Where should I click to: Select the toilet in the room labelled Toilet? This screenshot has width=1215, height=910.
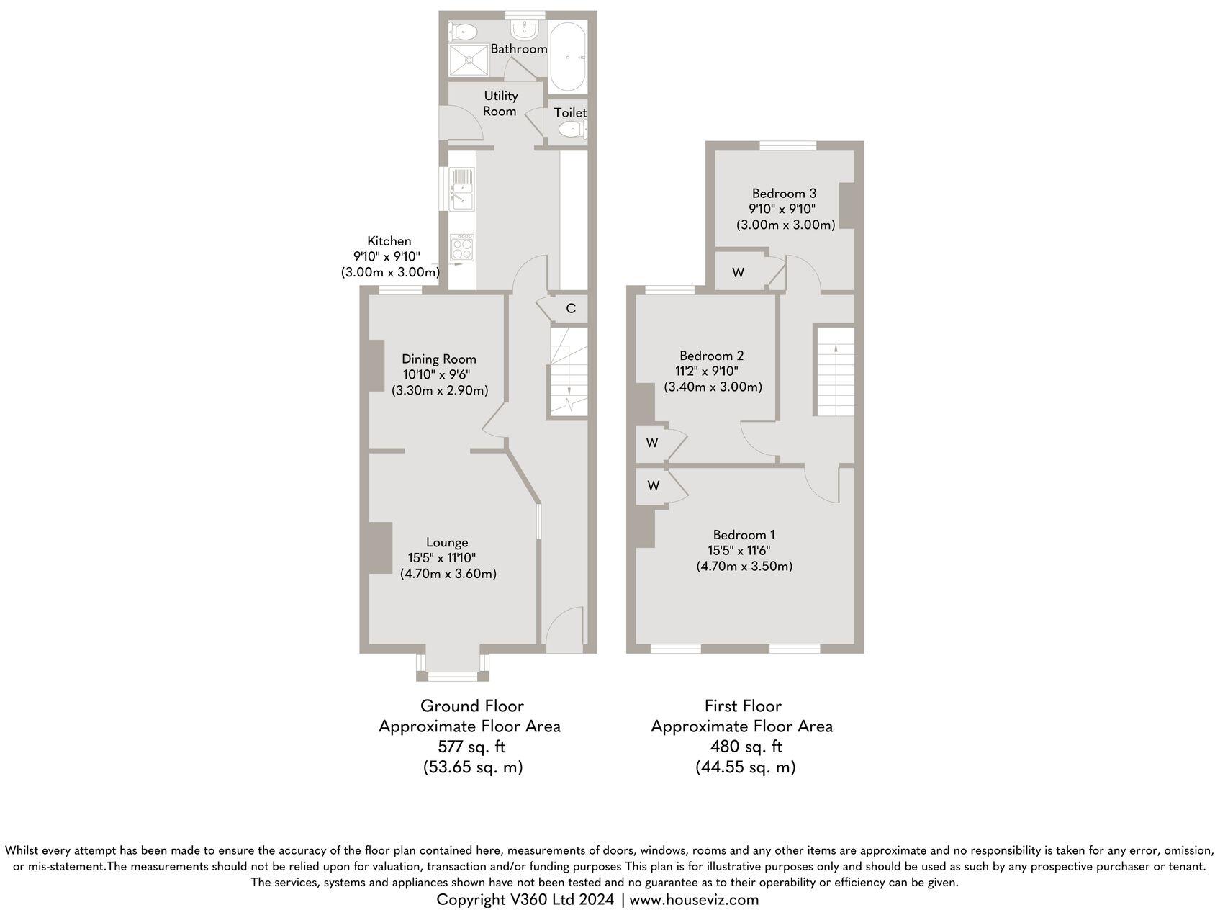[x=570, y=130]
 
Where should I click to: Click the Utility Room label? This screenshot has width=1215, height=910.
[x=500, y=103]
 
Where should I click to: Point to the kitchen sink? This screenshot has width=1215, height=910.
[x=461, y=188]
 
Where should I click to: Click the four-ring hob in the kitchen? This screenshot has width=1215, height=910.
[x=461, y=247]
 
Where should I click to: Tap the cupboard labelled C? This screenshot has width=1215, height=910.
[x=570, y=308]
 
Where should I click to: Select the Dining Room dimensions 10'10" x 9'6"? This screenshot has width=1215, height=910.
[x=439, y=374]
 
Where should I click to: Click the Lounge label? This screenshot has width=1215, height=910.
[x=447, y=542]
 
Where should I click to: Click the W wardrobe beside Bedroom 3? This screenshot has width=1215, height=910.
[x=738, y=272]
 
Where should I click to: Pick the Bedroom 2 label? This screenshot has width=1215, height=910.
[x=712, y=356]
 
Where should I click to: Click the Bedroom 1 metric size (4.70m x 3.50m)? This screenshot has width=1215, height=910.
[x=744, y=566]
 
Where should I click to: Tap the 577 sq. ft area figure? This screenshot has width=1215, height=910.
[x=471, y=746]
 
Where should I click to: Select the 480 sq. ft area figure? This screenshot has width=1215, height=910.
[x=744, y=746]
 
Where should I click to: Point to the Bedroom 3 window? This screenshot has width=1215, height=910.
[x=787, y=145]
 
